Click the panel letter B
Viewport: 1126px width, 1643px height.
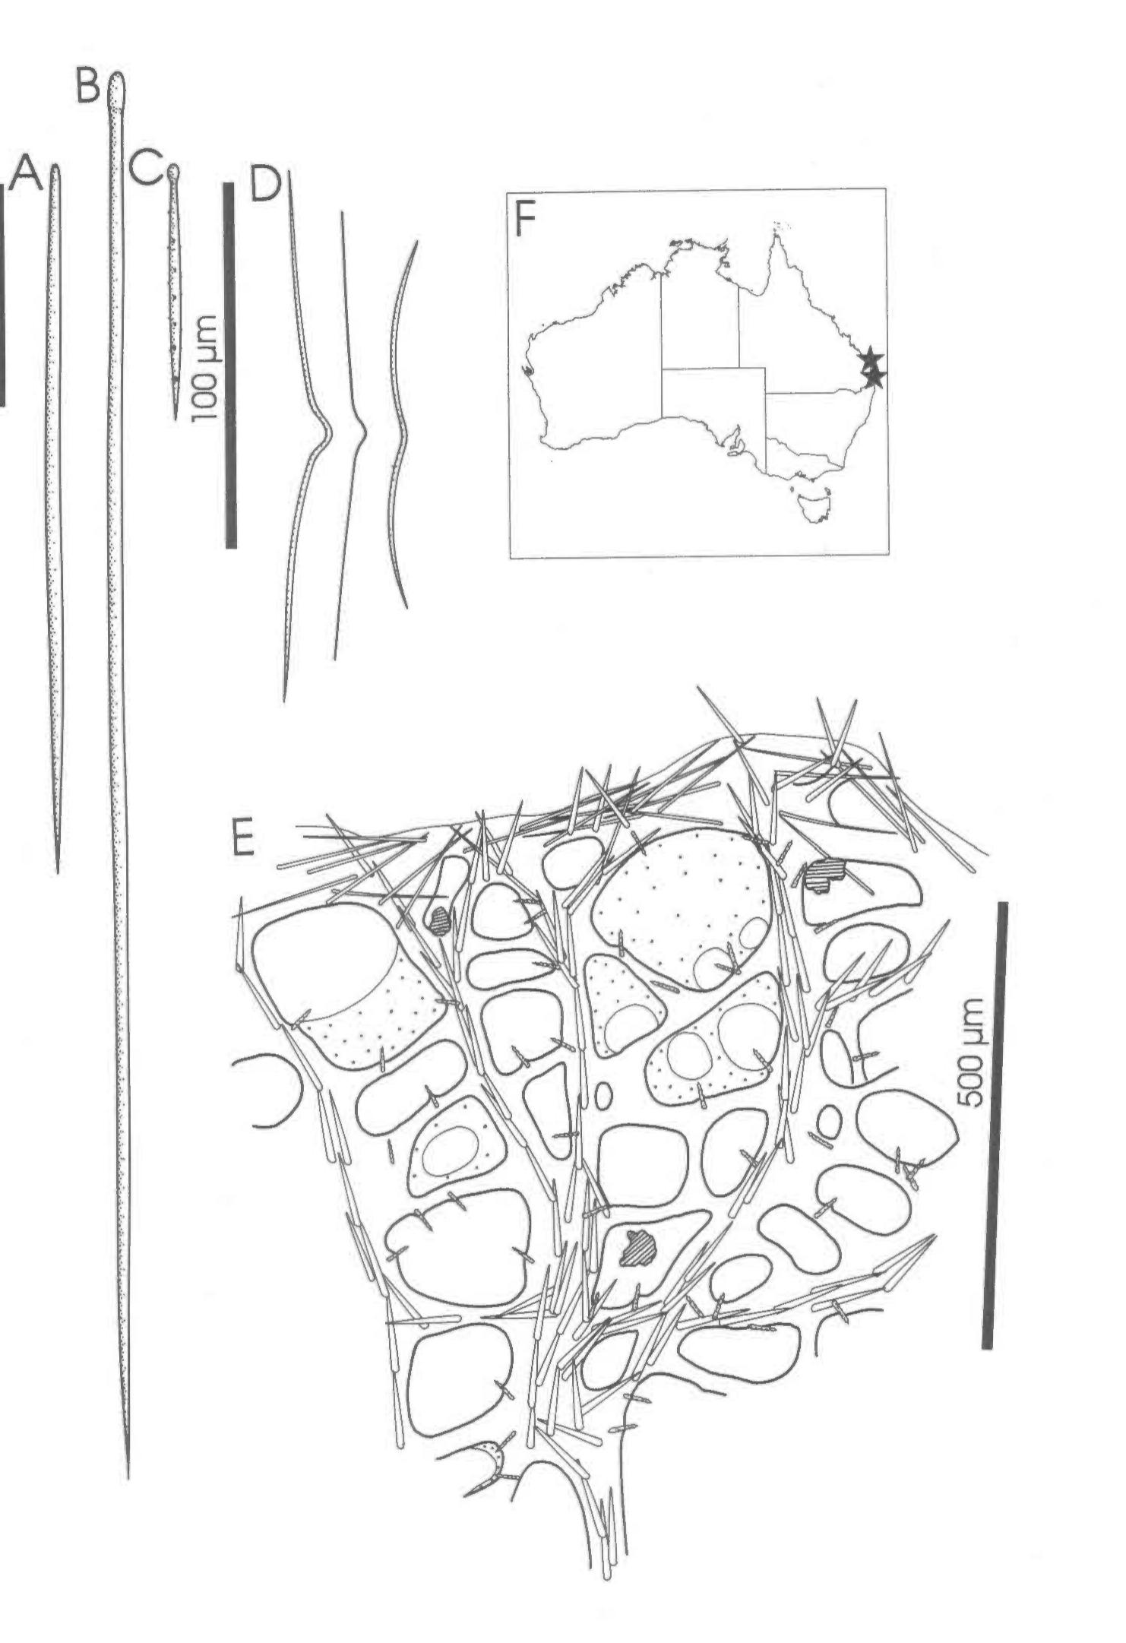(88, 86)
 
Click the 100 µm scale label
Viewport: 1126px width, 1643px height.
(204, 368)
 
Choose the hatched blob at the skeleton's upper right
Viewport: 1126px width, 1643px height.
(821, 875)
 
